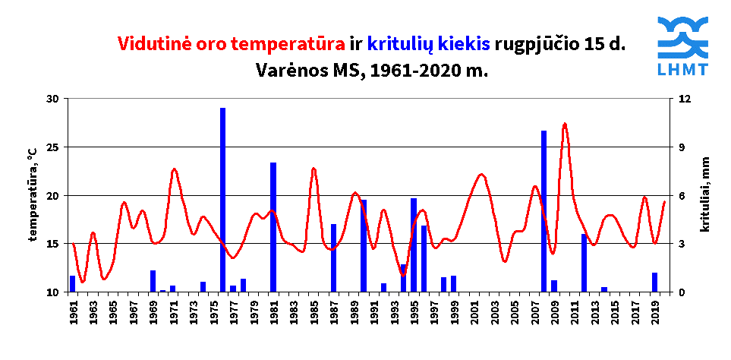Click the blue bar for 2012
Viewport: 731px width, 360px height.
point(584,263)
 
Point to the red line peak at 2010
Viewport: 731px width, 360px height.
point(565,124)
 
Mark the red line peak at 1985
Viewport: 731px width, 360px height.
point(314,169)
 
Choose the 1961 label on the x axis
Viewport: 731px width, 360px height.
point(73,311)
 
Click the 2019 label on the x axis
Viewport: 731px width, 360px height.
point(654,311)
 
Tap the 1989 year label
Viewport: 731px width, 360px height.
point(354,311)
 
